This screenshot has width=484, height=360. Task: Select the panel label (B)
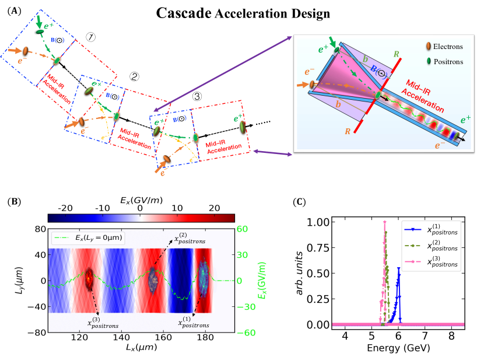coord(12,202)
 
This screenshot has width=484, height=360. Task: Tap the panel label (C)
coord(299,202)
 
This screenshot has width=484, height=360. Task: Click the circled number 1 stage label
coord(90,38)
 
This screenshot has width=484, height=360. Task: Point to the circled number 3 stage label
coord(197,97)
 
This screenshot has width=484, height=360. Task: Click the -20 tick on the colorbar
coord(65,208)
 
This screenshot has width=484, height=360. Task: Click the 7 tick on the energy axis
coord(425,337)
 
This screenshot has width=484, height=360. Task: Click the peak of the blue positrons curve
coord(399,268)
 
